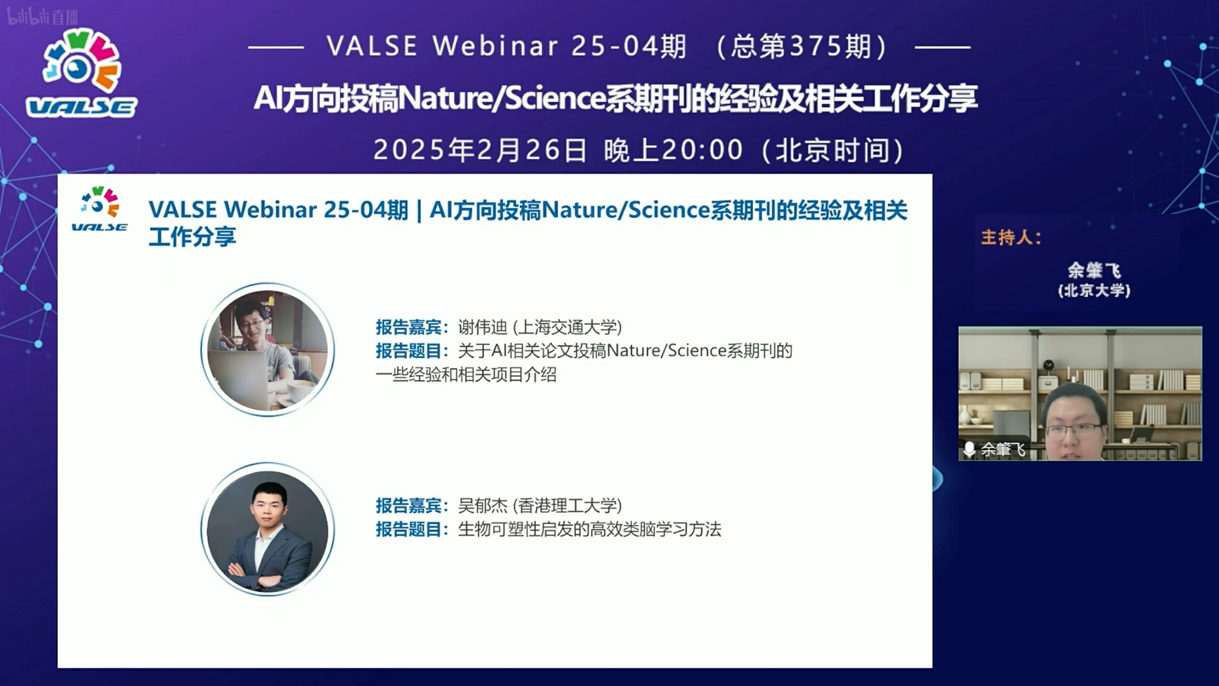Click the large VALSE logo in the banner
click(81, 74)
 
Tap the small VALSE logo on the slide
click(100, 209)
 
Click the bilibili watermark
click(42, 17)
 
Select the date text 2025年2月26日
click(480, 150)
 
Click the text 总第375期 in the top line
click(801, 47)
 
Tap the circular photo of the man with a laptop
click(268, 350)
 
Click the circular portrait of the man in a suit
click(268, 529)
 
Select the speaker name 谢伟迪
click(483, 327)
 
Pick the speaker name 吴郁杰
click(483, 505)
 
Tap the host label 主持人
click(1007, 237)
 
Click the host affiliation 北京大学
click(1094, 291)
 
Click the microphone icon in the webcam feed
click(969, 449)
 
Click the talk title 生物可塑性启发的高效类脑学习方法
click(590, 529)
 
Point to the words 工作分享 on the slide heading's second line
click(192, 237)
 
